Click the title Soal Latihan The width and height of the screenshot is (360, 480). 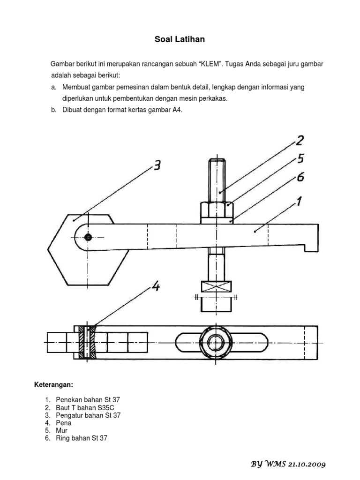(x=180, y=39)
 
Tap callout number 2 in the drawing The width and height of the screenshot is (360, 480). (x=299, y=140)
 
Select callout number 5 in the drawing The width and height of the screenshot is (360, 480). (x=300, y=159)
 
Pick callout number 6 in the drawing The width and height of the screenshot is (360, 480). (x=300, y=178)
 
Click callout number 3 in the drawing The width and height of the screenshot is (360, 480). (x=157, y=165)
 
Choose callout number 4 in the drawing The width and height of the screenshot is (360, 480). (x=155, y=286)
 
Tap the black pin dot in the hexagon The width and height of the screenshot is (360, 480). (x=88, y=237)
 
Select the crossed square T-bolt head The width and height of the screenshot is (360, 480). (x=216, y=286)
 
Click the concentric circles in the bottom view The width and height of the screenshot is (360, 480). (x=216, y=342)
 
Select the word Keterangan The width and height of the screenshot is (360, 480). (x=53, y=385)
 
